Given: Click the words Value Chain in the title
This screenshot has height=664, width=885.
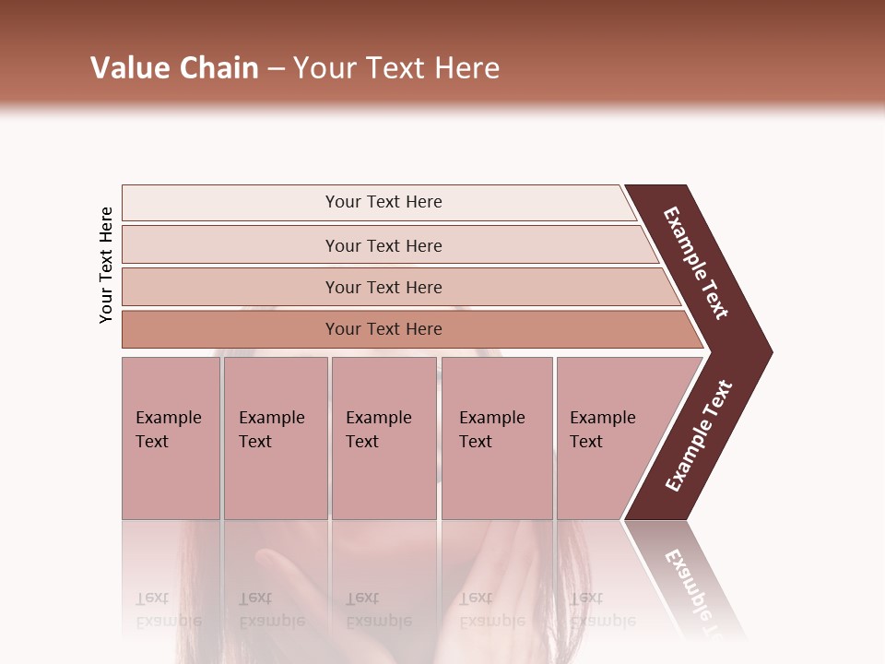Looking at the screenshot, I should (174, 67).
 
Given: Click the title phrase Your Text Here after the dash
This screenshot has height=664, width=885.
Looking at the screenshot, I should (396, 67).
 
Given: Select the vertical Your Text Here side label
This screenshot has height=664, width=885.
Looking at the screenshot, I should (106, 265).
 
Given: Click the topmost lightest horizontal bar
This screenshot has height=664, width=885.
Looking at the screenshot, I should (383, 202).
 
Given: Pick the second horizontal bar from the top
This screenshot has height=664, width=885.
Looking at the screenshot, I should (383, 245).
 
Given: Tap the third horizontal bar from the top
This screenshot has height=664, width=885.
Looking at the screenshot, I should (383, 287).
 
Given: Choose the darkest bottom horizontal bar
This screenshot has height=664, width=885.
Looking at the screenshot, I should (383, 329).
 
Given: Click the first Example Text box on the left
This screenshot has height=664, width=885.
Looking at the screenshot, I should (171, 438).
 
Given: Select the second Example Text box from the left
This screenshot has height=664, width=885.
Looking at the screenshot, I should (275, 438).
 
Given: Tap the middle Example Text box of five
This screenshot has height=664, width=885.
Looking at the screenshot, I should (383, 438).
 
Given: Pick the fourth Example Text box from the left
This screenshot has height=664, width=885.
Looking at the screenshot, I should (496, 438).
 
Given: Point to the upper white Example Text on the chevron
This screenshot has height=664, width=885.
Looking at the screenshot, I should (696, 263).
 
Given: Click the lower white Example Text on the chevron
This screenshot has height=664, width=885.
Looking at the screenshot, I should (698, 435).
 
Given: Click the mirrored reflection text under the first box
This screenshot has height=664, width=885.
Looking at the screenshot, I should (168, 610).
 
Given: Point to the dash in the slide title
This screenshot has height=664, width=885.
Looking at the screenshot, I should (276, 68).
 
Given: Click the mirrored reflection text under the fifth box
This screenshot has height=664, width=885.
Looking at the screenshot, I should (602, 610).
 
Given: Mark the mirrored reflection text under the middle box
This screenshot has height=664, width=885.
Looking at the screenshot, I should (378, 610).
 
